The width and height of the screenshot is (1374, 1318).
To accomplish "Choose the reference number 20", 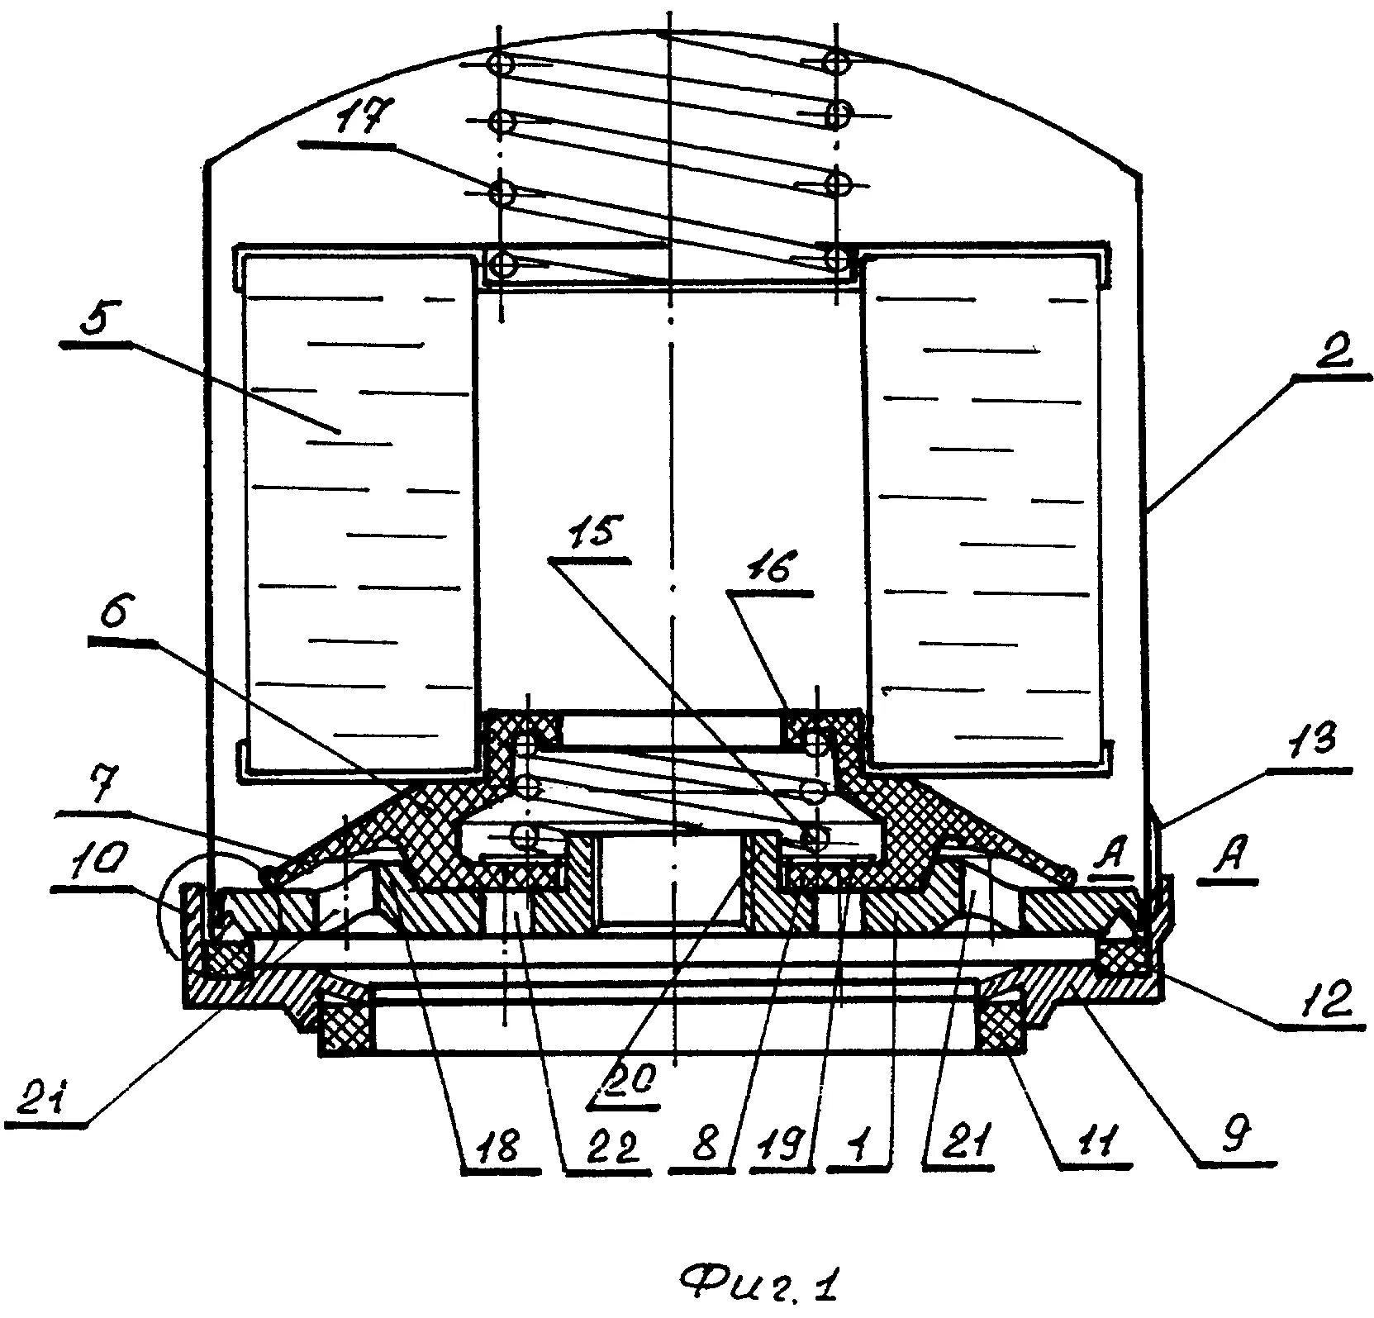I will tap(634, 1073).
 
